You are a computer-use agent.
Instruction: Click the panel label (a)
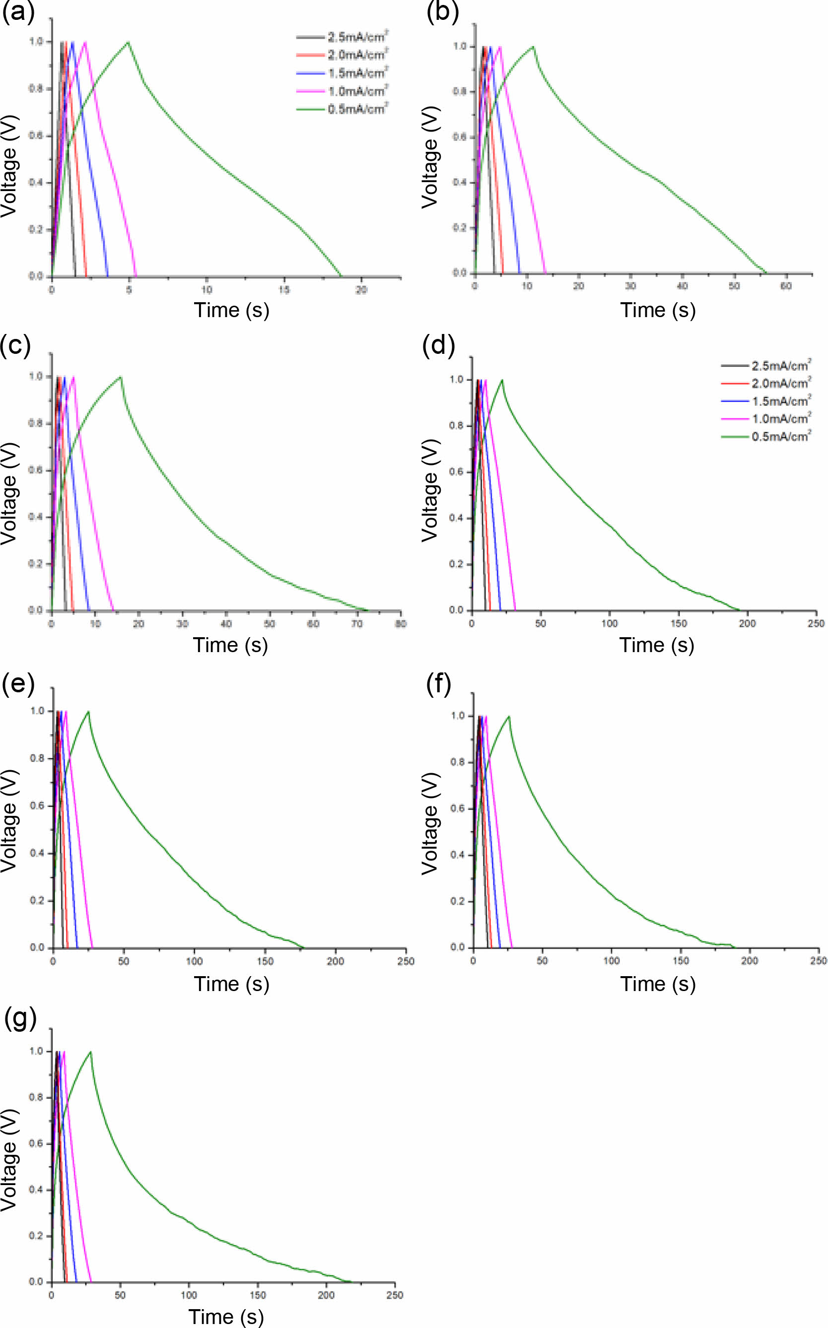coord(18,12)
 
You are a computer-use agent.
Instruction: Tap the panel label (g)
coord(20,1018)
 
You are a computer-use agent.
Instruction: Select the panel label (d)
coord(438,346)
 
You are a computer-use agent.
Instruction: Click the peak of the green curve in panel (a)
coord(128,42)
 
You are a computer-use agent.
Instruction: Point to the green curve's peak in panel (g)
coord(90,1052)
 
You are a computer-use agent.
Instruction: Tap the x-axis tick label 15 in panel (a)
coord(283,290)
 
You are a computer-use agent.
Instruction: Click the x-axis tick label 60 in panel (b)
coord(786,286)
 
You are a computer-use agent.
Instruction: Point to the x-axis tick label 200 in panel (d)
coord(748,623)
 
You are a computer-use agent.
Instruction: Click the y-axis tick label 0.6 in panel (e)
coord(37,806)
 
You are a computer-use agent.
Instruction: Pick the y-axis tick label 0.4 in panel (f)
coord(458,855)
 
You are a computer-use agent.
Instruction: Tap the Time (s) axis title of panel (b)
coord(658,310)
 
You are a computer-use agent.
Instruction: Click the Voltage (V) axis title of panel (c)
coord(9,493)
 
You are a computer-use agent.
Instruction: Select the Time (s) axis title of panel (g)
coord(226,1317)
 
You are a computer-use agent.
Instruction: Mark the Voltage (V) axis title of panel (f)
coord(430,823)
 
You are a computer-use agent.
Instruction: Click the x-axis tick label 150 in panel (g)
coord(257,1295)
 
